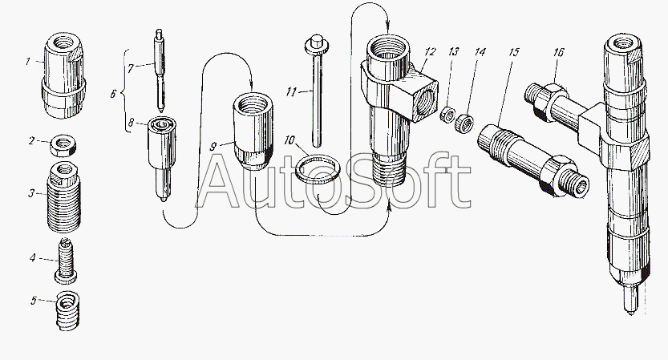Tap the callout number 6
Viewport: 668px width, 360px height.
[x=113, y=93]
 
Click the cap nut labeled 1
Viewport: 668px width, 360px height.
[x=62, y=74]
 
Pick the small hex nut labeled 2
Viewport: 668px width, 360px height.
[x=63, y=145]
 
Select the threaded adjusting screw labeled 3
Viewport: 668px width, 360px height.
[x=63, y=197]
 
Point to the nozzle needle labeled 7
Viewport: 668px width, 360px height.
[x=160, y=72]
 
